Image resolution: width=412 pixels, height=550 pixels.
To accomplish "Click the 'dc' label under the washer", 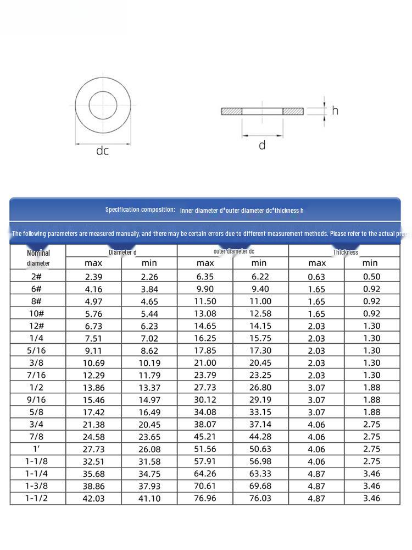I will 103,151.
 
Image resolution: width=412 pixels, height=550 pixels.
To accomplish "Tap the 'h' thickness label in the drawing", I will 335,111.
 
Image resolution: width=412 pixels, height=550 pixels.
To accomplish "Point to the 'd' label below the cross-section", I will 262,145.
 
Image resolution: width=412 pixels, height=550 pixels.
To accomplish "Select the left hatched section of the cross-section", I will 231,111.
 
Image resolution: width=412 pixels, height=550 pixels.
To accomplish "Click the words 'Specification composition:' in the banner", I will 140,210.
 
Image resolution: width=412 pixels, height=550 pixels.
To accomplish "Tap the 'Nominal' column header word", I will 38,253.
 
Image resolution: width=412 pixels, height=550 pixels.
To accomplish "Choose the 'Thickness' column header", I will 345,252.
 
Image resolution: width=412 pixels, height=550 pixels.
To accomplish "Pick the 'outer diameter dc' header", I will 233,251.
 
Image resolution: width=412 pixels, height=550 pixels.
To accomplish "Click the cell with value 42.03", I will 93,498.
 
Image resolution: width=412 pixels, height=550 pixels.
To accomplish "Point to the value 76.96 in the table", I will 205,498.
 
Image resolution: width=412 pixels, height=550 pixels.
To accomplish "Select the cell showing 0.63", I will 316,277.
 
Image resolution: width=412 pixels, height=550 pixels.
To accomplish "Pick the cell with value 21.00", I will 205,363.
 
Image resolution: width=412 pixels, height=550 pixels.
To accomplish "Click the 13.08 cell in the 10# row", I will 205,313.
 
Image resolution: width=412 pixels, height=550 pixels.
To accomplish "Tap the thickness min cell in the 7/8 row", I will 372,437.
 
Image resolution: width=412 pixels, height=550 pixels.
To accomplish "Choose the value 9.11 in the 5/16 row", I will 93,350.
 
